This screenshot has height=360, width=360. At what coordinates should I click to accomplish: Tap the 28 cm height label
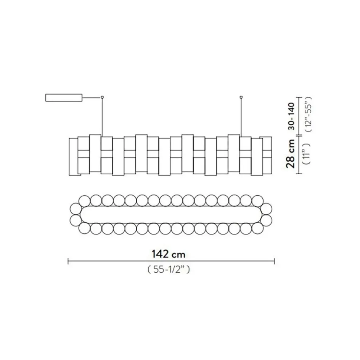291,155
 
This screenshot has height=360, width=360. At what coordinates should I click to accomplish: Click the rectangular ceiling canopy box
63,98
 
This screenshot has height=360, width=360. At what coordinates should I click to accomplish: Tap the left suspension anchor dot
102,97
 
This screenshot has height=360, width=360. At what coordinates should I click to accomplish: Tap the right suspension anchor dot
241,97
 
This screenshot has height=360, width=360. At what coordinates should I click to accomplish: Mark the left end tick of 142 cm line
68,261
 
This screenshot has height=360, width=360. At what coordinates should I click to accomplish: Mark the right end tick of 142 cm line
274,261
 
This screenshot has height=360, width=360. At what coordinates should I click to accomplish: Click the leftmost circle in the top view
75,219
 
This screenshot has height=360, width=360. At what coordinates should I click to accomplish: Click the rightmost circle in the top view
267,219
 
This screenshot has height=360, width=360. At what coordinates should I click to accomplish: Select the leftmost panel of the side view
73,156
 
